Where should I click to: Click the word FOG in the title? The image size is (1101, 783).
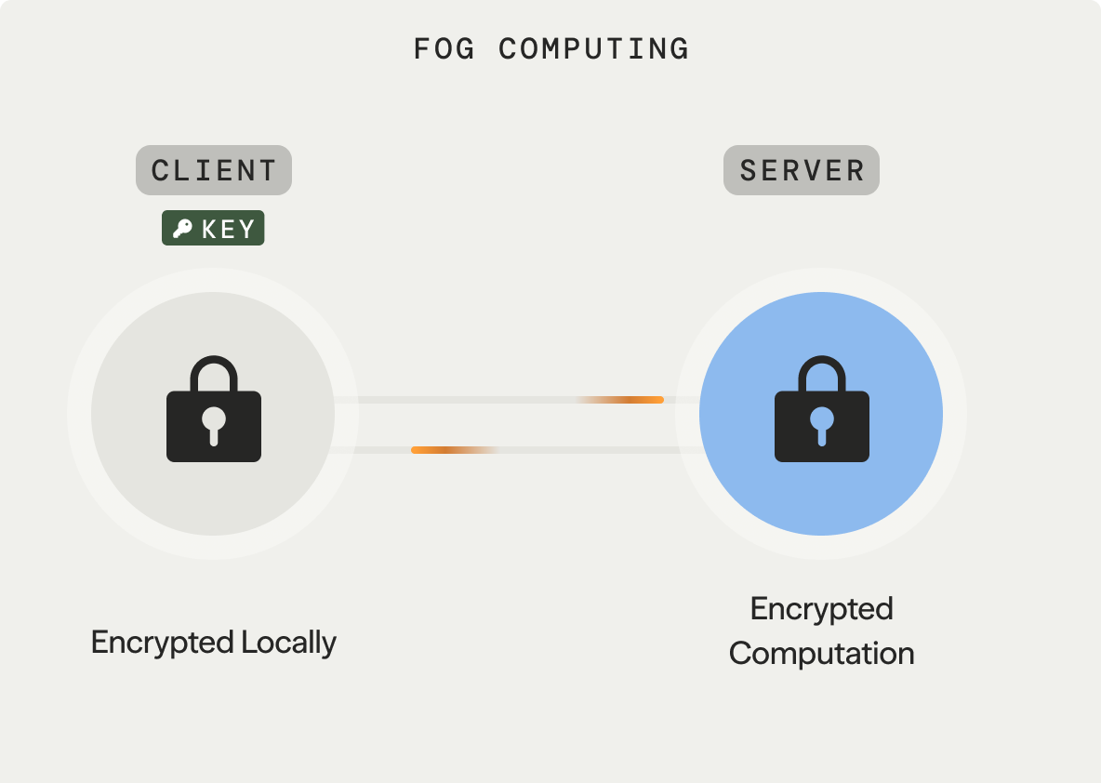pos(444,48)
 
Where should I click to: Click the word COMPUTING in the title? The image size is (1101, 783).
pos(594,48)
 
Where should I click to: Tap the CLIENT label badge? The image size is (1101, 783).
pos(214,170)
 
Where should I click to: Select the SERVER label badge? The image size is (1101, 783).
pos(802,170)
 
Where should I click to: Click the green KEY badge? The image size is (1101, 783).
pos(213,229)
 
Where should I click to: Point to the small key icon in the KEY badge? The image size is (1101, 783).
pos(182,229)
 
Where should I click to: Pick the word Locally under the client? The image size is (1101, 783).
pos(288,643)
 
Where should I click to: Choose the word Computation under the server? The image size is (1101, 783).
pos(822,653)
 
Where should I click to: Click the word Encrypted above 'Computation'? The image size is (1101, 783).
pos(822,609)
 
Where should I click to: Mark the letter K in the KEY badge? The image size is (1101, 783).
pos(209,229)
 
